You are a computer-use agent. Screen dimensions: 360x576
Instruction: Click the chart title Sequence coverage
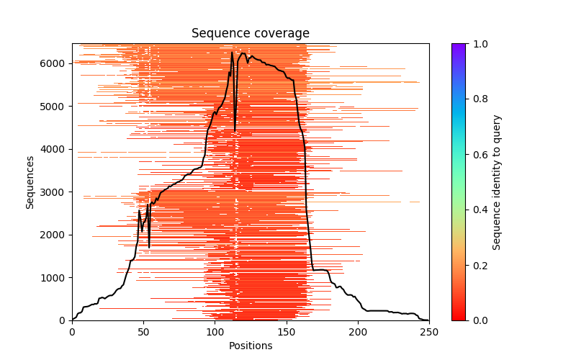click(x=251, y=34)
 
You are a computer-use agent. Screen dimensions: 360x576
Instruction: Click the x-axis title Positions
click(x=251, y=346)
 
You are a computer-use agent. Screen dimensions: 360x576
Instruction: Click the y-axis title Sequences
click(x=30, y=181)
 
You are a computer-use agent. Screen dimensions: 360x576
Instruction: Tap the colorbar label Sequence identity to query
click(x=497, y=181)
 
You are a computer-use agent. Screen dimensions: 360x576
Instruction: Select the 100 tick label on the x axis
click(x=215, y=331)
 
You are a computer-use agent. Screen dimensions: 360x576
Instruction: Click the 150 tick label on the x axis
click(x=286, y=331)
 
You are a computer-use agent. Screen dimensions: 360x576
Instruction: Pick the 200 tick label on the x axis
click(x=358, y=331)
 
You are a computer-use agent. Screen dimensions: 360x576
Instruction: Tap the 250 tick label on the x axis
click(x=429, y=331)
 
